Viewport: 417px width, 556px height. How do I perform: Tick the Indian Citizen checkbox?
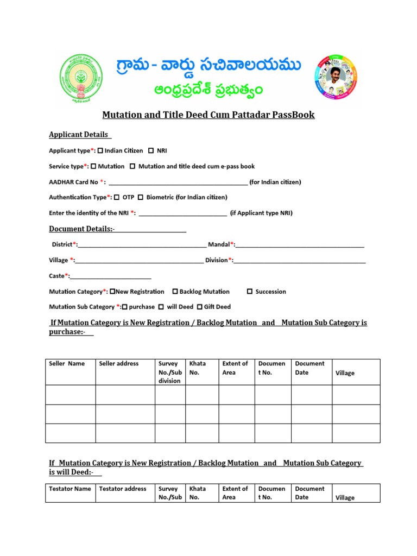100,150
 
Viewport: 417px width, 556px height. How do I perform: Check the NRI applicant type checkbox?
151,150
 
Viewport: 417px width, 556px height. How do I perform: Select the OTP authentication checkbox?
117,197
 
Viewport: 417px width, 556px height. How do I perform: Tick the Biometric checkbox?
141,197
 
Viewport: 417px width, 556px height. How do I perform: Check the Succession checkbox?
250,292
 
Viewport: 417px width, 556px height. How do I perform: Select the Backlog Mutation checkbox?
175,292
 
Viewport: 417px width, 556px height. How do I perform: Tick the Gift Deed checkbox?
199,307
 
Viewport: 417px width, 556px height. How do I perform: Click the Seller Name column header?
67,364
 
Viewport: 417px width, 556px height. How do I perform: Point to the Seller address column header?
119,364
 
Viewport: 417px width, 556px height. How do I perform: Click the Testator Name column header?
70,489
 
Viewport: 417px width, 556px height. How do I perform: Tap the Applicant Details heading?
79,135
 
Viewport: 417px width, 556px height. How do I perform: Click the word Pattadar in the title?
255,115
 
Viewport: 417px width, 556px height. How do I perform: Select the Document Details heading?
81,229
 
